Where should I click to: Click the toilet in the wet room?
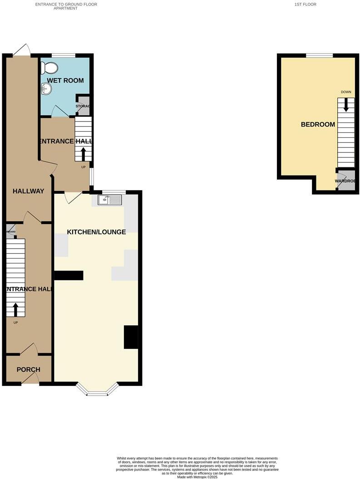tap(49, 68)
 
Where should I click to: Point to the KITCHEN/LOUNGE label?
tap(96, 232)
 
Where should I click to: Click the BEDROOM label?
tap(318, 124)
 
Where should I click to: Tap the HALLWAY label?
tap(28, 191)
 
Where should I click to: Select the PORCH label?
tap(28, 369)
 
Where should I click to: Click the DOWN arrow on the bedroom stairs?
tap(346, 105)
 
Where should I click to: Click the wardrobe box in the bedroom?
tap(345, 181)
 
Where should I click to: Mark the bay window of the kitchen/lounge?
tap(97, 390)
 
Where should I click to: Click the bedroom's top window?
tap(319, 55)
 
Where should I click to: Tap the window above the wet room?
tap(63, 55)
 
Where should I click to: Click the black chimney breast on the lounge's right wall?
tap(131, 337)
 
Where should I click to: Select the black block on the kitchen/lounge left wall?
tap(69, 275)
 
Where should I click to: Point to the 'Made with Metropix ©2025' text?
tap(197, 477)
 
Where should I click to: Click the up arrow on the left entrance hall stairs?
tap(15, 310)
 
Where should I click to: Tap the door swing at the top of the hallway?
tap(21, 50)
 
